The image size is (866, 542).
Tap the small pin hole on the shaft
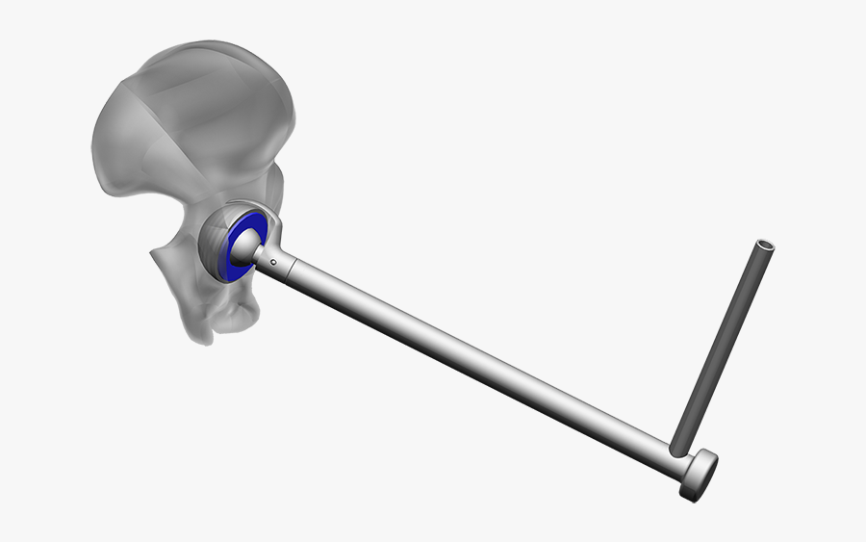coord(274,261)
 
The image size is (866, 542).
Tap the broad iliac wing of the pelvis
coord(183,116)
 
